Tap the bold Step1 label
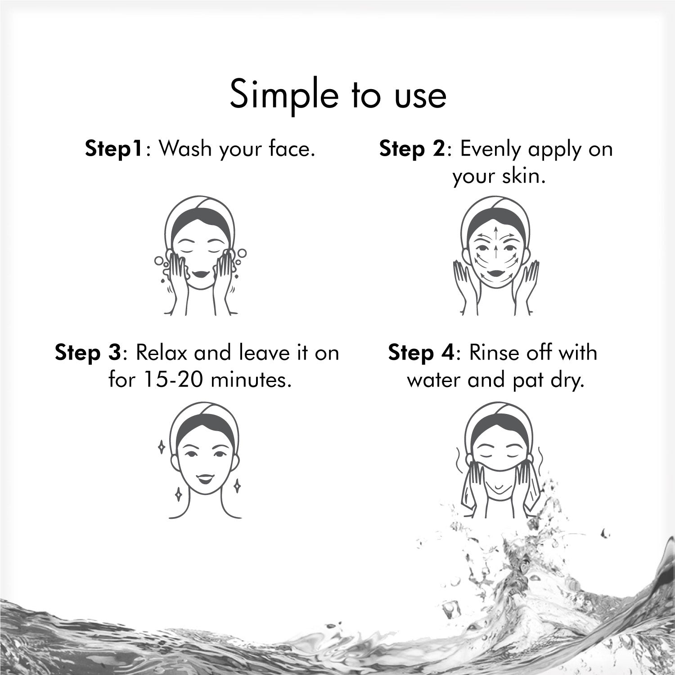click(x=115, y=149)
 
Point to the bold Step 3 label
click(x=88, y=352)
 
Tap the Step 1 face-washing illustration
click(x=198, y=255)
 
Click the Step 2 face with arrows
click(x=495, y=255)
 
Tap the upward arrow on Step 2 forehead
click(x=496, y=235)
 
